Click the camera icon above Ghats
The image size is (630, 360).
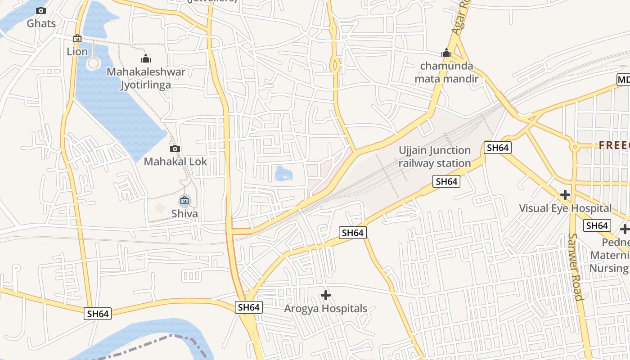click(41, 10)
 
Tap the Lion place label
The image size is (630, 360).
click(77, 52)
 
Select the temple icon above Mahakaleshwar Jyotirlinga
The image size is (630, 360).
click(145, 58)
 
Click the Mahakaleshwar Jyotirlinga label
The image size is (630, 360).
click(146, 78)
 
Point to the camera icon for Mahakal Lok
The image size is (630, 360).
click(175, 148)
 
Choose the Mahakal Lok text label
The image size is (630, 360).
click(175, 162)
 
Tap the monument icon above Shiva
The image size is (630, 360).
click(184, 200)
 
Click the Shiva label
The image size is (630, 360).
click(184, 213)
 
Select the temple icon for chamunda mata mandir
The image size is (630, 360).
click(446, 53)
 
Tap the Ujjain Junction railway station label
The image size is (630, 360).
click(435, 157)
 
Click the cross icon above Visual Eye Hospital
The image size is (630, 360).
click(565, 195)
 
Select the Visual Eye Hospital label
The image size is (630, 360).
click(565, 208)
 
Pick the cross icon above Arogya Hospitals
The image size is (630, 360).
click(325, 295)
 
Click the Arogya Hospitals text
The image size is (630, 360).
click(325, 309)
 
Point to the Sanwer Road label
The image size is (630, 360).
click(575, 266)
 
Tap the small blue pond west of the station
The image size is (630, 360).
click(283, 173)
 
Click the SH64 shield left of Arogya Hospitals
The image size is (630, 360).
click(248, 307)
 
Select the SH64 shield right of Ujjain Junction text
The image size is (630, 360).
click(497, 148)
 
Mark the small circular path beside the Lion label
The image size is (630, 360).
click(93, 63)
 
